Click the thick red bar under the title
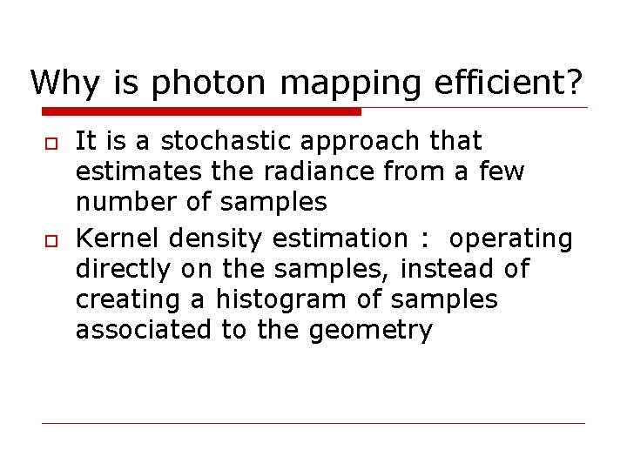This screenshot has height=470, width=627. tap(201, 111)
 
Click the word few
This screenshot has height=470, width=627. tap(501, 171)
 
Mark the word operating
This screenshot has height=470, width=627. tap(511, 239)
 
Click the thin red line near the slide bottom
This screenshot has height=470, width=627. tap(313, 424)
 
